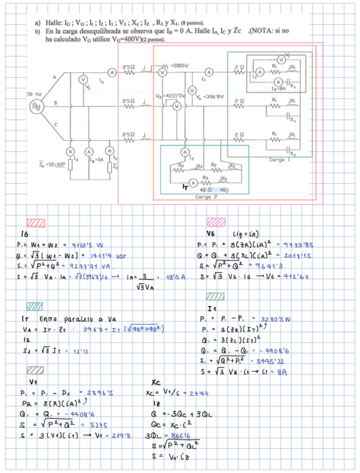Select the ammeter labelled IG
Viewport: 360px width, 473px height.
(111, 71)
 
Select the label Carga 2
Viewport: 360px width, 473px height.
(206, 197)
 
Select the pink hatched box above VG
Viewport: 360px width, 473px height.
(216, 222)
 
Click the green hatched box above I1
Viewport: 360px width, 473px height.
(215, 297)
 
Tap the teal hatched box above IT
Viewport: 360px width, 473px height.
(34, 306)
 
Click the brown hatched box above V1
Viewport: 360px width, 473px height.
(35, 370)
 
